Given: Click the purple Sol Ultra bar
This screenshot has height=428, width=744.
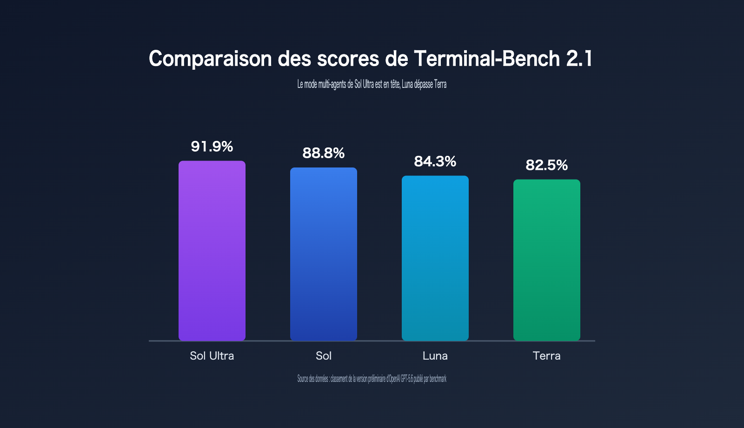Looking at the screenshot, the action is click(x=212, y=251).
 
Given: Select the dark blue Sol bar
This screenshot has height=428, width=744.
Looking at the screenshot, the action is click(x=324, y=254).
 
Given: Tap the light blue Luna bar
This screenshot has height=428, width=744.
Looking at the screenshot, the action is click(x=435, y=258).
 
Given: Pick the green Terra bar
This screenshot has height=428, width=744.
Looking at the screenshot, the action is click(x=547, y=260).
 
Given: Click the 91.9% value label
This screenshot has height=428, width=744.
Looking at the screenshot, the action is click(x=212, y=147).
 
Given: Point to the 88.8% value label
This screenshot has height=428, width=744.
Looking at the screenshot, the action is click(x=324, y=153).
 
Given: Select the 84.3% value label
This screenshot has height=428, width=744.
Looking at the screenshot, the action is click(x=435, y=161).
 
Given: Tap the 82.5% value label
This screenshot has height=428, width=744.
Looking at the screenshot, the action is click(x=547, y=165).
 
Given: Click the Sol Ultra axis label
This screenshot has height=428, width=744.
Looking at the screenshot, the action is click(x=212, y=356).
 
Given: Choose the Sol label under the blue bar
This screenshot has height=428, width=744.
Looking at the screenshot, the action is click(x=324, y=356).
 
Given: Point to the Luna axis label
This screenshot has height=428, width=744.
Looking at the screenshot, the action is click(x=435, y=356).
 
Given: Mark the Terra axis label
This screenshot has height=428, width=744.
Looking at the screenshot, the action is click(x=547, y=356).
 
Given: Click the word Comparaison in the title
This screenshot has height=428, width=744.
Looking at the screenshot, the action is click(x=210, y=59).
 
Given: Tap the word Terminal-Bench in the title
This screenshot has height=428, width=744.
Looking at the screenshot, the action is click(x=487, y=59).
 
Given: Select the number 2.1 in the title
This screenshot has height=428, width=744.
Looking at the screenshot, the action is click(x=579, y=59).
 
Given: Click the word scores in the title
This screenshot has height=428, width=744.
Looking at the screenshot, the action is click(x=348, y=59).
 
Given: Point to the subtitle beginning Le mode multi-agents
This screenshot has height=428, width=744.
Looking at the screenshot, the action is click(x=372, y=84).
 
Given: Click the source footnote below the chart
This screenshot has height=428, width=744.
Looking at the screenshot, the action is click(x=372, y=379).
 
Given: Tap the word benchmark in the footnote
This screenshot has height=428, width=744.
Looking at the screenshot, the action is click(x=438, y=379).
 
